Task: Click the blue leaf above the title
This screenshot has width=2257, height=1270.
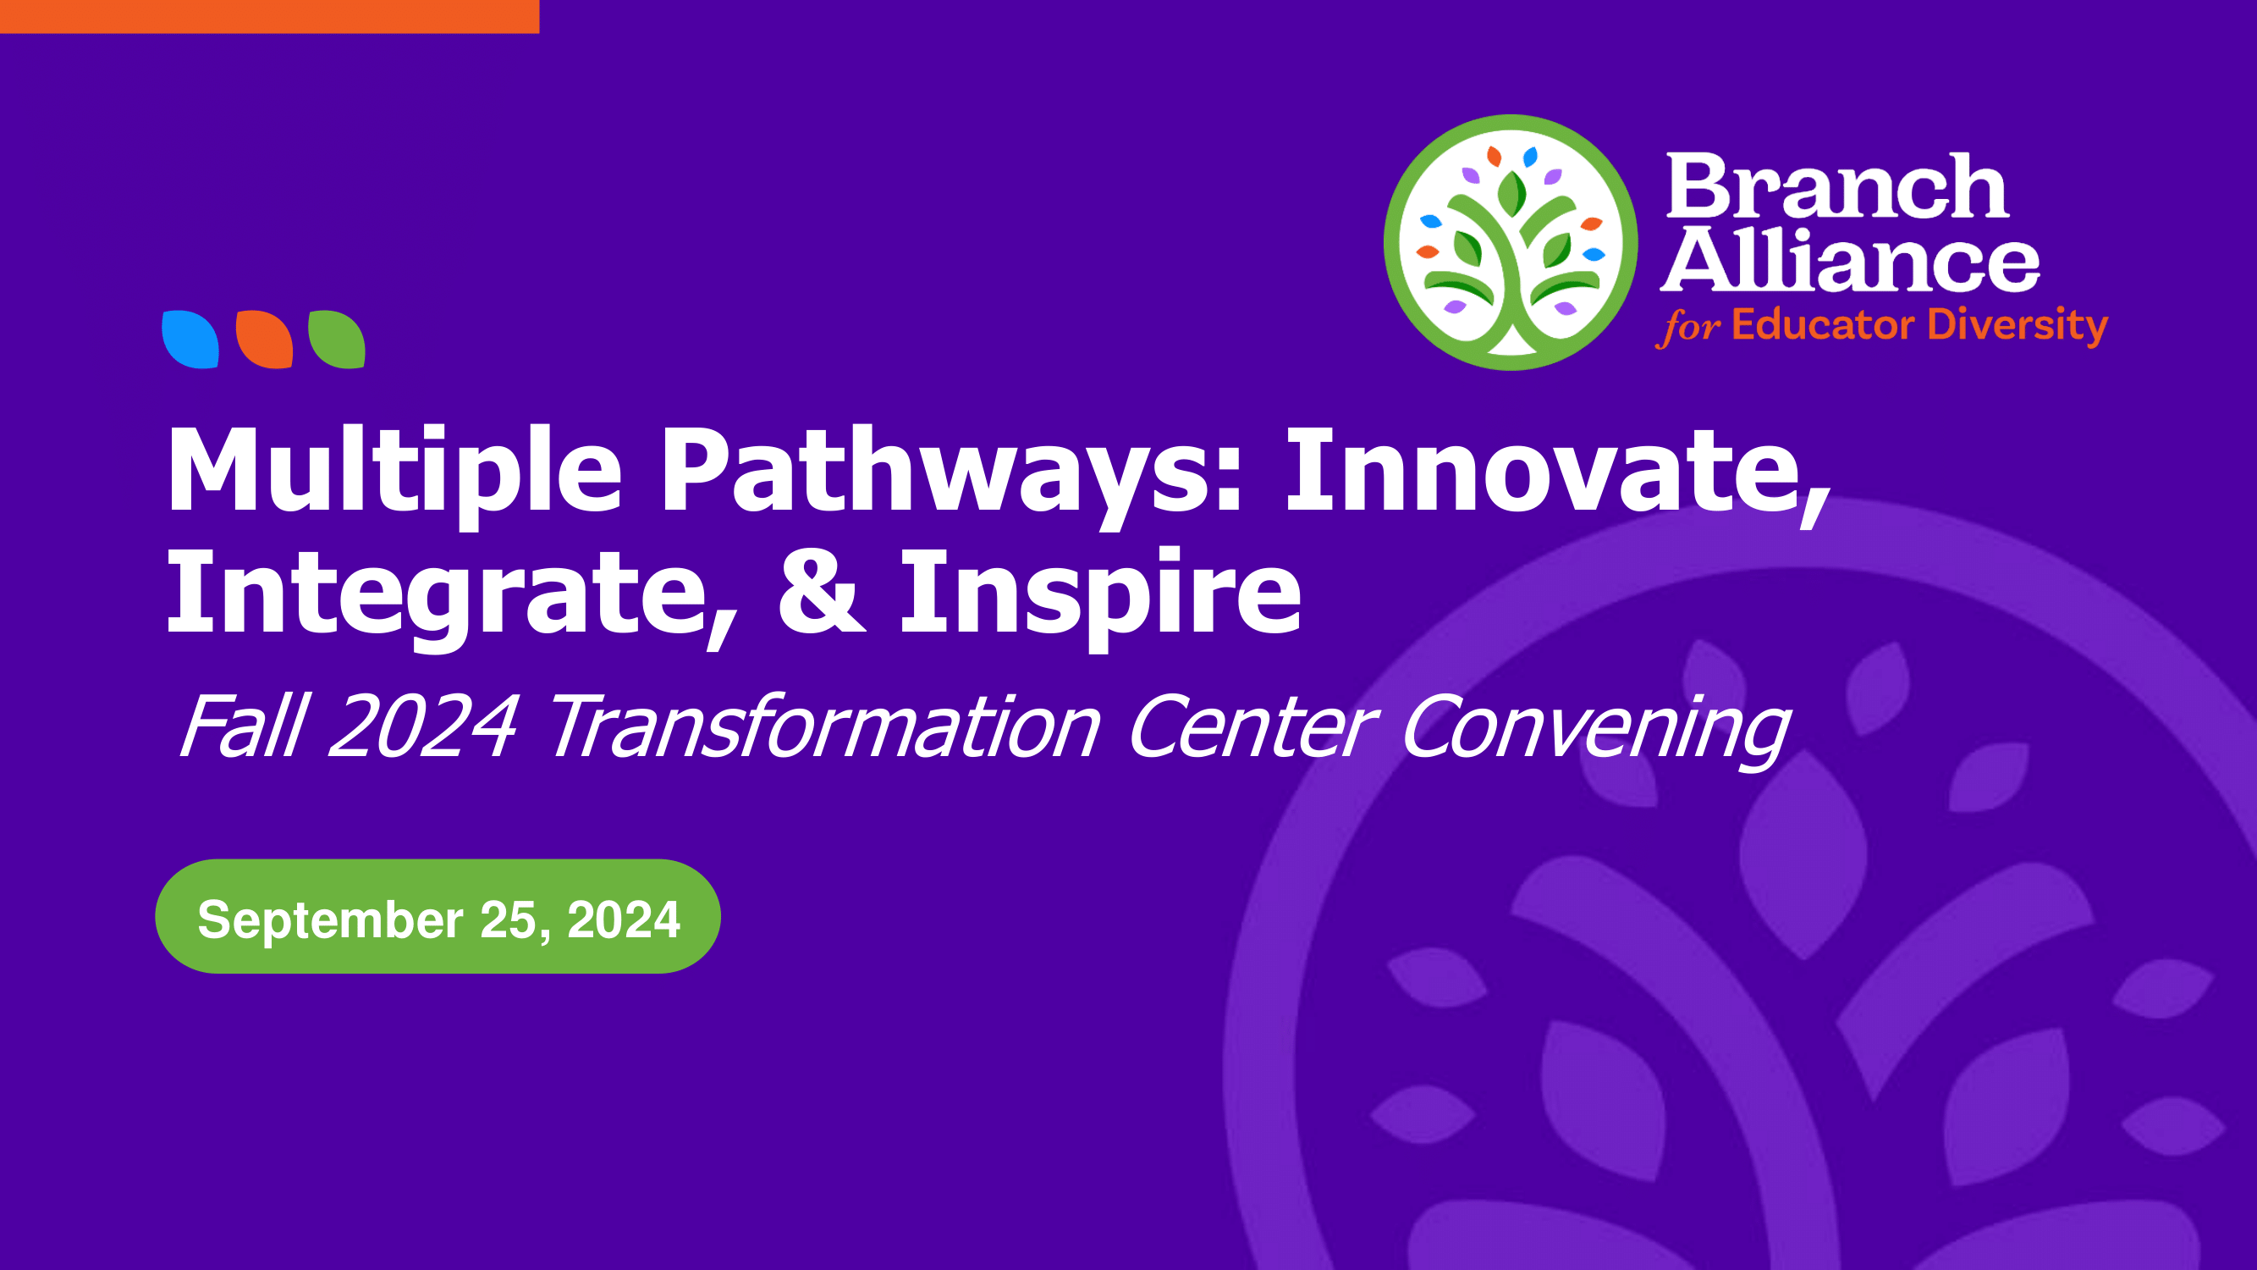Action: pos(190,340)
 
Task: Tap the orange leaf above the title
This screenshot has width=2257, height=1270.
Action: pos(264,340)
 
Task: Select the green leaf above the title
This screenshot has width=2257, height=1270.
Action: pos(337,340)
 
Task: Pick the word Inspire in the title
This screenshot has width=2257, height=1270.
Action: pos(1101,597)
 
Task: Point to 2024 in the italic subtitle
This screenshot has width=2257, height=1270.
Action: pos(424,726)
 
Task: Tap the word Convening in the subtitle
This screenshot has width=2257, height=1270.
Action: pos(1595,731)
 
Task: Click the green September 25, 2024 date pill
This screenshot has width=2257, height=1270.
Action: pos(438,916)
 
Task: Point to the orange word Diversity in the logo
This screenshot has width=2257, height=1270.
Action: pos(2018,326)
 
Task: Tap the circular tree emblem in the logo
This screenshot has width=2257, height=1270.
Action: pos(1511,243)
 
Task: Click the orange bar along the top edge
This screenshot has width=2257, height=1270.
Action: pos(270,17)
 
